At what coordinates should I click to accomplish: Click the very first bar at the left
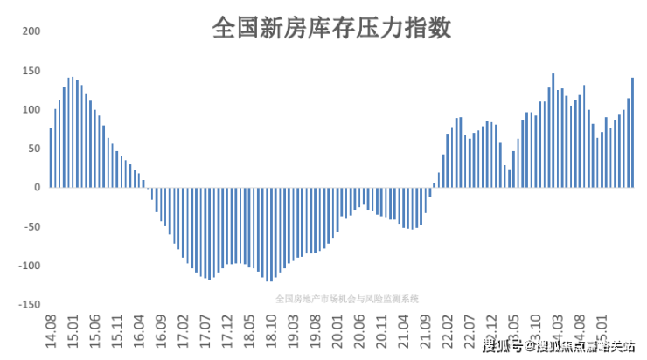pos(51,158)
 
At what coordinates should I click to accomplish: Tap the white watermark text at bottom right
pos(558,347)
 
